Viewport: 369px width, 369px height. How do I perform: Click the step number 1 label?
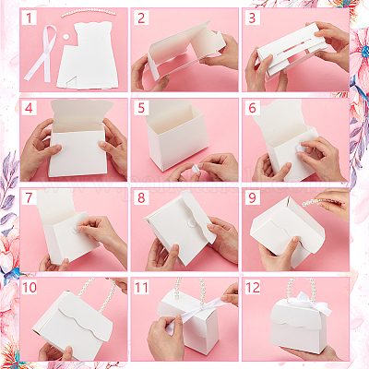click(30, 18)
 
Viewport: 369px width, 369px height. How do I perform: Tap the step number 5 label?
click(141, 108)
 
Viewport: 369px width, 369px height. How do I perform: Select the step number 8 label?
click(141, 197)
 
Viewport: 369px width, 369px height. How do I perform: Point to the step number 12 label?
click(253, 288)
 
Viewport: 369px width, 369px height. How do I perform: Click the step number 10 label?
click(30, 288)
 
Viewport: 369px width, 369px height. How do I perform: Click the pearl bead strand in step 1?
click(89, 12)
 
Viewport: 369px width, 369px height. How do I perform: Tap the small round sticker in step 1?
click(65, 37)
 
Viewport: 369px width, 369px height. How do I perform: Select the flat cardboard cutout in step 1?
click(88, 57)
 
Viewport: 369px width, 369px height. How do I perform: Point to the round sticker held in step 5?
click(195, 169)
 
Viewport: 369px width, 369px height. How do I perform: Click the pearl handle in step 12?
click(300, 289)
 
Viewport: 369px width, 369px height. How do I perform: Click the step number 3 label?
click(253, 18)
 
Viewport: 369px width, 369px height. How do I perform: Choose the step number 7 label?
click(30, 197)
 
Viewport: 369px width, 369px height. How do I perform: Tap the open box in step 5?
click(177, 136)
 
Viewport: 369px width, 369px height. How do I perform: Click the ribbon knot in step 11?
click(201, 307)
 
